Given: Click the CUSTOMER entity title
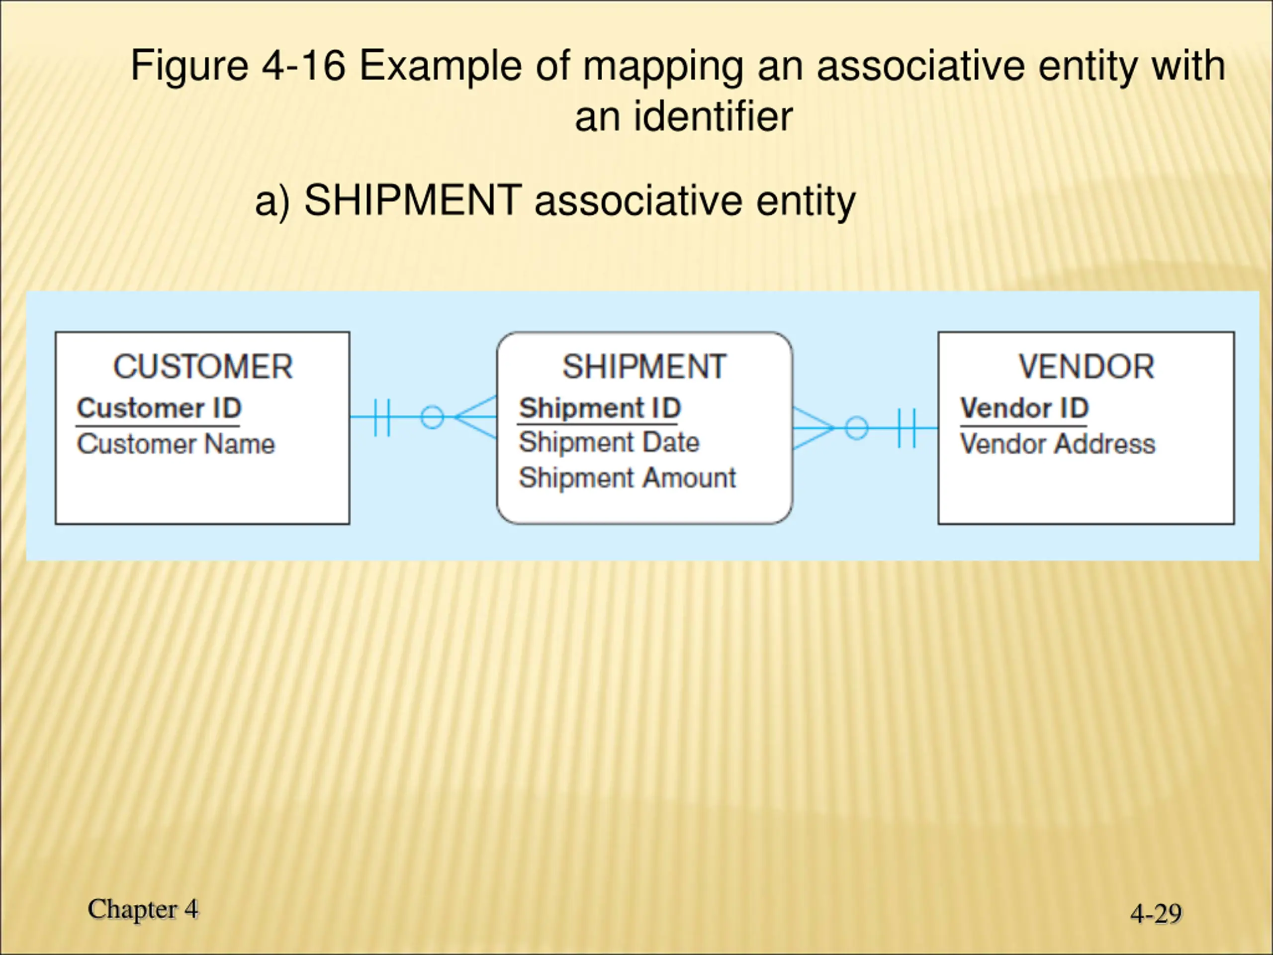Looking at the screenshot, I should pyautogui.click(x=202, y=367).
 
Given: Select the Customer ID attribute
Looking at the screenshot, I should pyautogui.click(x=159, y=408).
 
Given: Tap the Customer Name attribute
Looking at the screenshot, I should pyautogui.click(x=176, y=444).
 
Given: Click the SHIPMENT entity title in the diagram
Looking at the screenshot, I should pyautogui.click(x=644, y=367).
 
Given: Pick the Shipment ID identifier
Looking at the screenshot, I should pyautogui.click(x=600, y=408).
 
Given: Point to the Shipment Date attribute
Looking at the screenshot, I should pyautogui.click(x=609, y=443).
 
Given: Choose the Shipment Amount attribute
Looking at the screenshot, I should pyautogui.click(x=627, y=478).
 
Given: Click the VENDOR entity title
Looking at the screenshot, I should pyautogui.click(x=1086, y=367).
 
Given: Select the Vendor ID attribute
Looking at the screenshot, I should pyautogui.click(x=1024, y=408).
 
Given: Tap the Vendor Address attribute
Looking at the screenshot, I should pyautogui.click(x=1058, y=444).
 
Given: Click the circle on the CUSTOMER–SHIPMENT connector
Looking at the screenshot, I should pyautogui.click(x=432, y=417).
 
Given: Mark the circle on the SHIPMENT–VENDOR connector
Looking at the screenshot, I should pyautogui.click(x=856, y=428).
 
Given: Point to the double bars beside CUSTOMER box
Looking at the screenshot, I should pyautogui.click(x=381, y=417).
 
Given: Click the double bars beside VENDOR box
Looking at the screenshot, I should pyautogui.click(x=907, y=428).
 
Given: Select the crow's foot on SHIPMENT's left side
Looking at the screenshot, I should pyautogui.click(x=476, y=417).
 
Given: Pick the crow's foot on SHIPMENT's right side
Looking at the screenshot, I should pyautogui.click(x=813, y=428).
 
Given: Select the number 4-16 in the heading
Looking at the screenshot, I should pyautogui.click(x=303, y=66).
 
